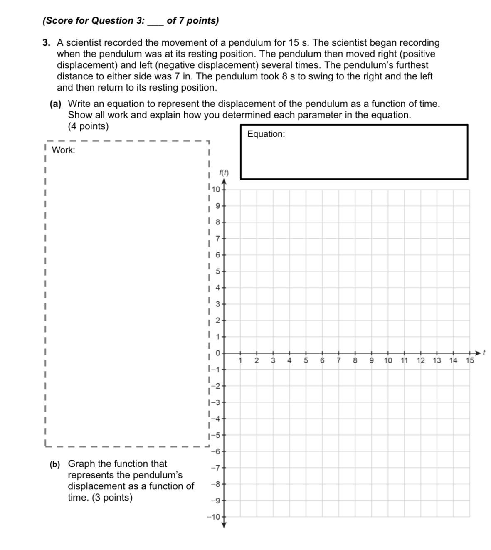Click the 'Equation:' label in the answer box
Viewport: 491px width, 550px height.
click(x=266, y=134)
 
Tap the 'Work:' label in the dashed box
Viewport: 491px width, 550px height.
click(x=63, y=150)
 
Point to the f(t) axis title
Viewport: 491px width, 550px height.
click(x=224, y=173)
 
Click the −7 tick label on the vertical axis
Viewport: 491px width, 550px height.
click(x=215, y=468)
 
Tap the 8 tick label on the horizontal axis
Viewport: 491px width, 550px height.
click(x=355, y=360)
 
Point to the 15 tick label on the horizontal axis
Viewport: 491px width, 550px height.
click(x=470, y=360)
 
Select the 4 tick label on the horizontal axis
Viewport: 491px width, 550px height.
click(x=289, y=360)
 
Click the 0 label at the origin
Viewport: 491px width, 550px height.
click(x=217, y=353)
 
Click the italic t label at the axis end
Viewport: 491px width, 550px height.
click(x=484, y=353)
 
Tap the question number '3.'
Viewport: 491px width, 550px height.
click(x=47, y=43)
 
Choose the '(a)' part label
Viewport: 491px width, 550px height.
click(x=56, y=104)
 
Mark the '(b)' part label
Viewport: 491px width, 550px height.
click(x=55, y=464)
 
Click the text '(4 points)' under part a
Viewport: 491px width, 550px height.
click(x=88, y=126)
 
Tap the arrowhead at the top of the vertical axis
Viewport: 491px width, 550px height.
click(x=224, y=182)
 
